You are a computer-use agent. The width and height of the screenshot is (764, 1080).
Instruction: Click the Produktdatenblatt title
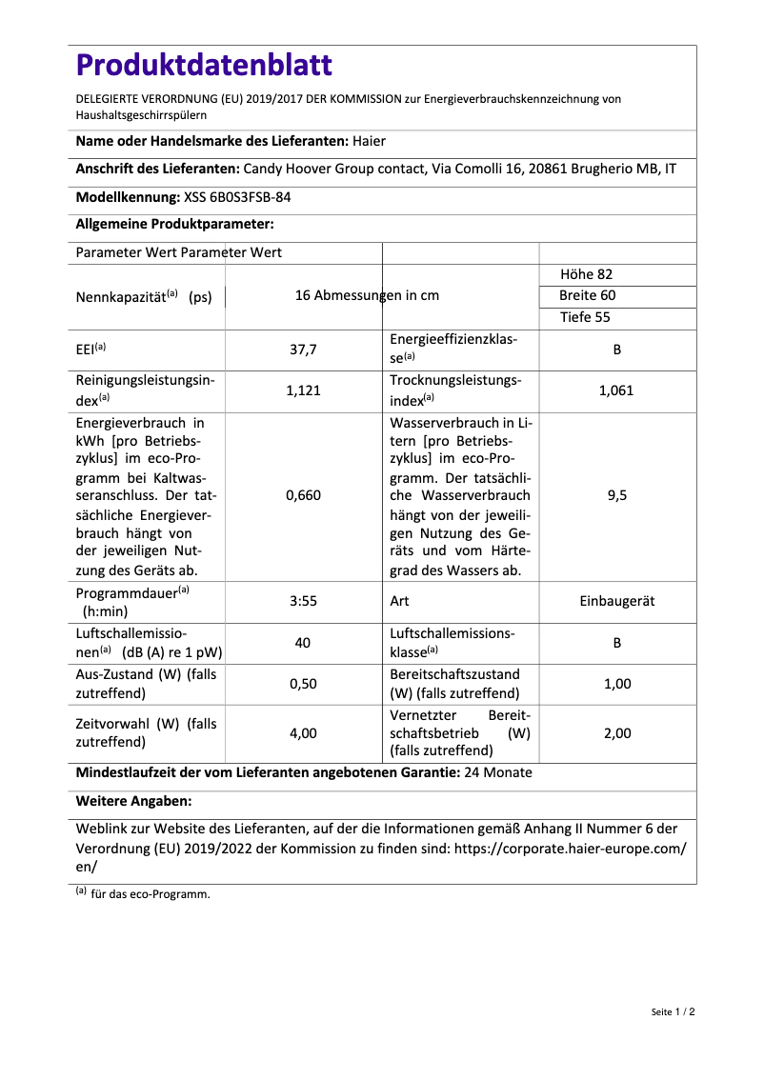tap(204, 65)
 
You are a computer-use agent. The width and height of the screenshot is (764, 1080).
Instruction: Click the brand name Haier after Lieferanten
tap(369, 141)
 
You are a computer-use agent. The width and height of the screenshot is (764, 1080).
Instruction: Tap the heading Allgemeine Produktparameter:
tap(174, 225)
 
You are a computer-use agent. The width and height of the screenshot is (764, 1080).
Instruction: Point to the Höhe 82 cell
tap(586, 274)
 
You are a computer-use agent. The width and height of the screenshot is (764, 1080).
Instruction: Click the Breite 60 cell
tap(587, 295)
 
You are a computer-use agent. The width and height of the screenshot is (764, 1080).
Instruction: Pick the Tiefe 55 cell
tap(585, 317)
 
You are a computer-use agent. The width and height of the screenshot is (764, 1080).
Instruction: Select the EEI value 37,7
tap(303, 350)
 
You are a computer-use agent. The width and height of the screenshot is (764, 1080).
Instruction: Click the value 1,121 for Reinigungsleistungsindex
tap(303, 390)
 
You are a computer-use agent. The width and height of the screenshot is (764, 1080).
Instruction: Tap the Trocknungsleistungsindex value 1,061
tap(616, 390)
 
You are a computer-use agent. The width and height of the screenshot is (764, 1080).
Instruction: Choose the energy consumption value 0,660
tap(303, 495)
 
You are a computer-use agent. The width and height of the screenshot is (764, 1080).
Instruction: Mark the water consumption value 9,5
tap(616, 495)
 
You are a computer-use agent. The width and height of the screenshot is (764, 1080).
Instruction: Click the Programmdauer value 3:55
tap(303, 601)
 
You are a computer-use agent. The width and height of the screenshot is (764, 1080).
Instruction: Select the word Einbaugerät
tap(616, 601)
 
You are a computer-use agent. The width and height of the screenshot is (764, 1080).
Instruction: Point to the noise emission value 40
tap(303, 643)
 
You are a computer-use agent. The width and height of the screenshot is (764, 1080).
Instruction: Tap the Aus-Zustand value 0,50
tap(303, 684)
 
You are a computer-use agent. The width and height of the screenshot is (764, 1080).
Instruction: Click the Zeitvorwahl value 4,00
tap(303, 733)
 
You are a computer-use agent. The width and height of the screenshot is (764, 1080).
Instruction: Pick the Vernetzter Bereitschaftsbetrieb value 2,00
tap(616, 733)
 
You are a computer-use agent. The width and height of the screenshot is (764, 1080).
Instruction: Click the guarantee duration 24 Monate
tap(497, 772)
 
